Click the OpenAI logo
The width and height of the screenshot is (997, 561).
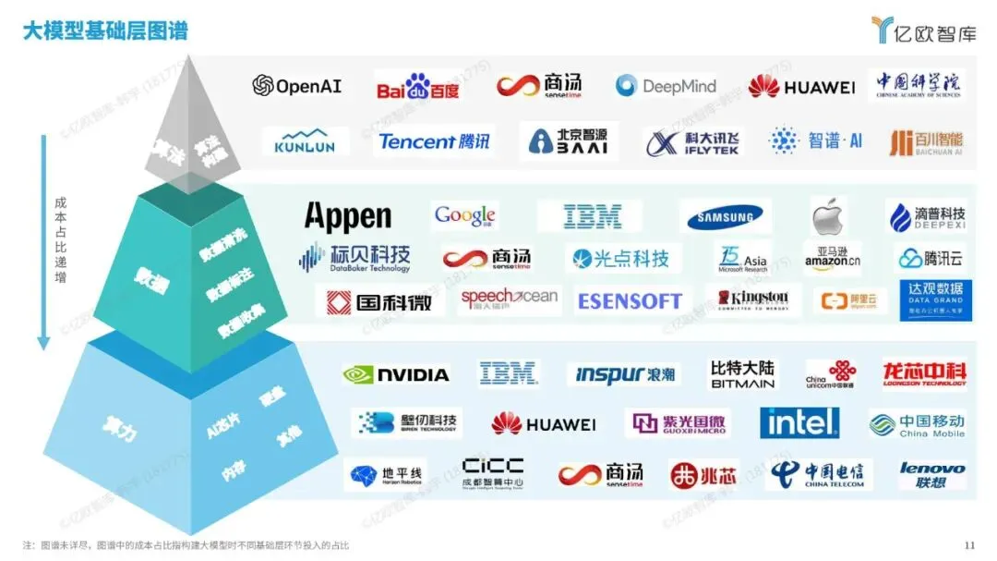point(297,86)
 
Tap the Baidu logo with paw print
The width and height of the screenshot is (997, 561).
point(417,87)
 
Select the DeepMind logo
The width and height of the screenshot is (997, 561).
point(666,86)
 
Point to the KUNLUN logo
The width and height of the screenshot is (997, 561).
point(305,140)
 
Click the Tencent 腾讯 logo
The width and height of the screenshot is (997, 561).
point(435,141)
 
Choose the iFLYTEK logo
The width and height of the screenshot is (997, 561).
point(692,142)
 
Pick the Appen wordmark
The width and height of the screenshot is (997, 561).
point(348,216)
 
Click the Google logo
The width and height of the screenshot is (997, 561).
point(465,216)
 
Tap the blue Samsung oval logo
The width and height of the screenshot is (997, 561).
point(729,217)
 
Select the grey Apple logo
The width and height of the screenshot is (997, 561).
point(829,217)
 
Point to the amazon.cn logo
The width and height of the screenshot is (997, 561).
point(832,258)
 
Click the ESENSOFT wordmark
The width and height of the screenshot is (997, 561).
point(629,300)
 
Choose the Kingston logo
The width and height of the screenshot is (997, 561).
point(752,299)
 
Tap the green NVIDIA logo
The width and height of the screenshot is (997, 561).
point(396,374)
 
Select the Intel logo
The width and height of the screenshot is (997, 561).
point(800,422)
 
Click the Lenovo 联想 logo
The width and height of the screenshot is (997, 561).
point(932,475)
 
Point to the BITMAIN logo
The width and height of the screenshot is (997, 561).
point(742,374)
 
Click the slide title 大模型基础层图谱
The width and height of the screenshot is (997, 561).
point(105,31)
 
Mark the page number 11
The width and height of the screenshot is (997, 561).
point(968,544)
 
